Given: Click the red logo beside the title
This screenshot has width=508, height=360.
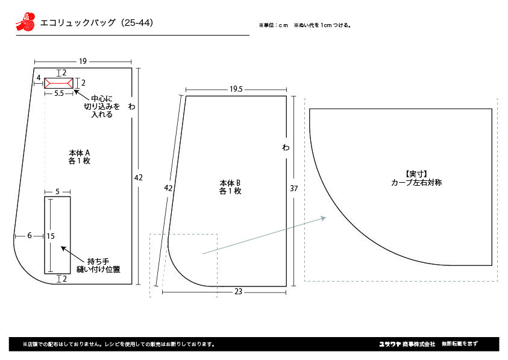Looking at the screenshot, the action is coord(25,22).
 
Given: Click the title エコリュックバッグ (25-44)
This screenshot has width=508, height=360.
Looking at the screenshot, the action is coord(96,23).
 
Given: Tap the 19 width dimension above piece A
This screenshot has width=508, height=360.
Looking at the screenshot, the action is coord(83,62).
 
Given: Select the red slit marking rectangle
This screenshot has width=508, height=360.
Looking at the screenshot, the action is coord(58,83).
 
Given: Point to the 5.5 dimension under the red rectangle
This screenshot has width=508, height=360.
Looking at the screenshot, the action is coord(59,93).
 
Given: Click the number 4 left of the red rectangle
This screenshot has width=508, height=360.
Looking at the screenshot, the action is coord(39,78).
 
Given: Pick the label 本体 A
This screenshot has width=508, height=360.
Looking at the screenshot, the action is coord(80,153).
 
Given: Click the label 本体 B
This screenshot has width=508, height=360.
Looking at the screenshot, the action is coord(230,183).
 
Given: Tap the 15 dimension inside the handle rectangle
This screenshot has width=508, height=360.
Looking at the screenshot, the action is coord(51,236).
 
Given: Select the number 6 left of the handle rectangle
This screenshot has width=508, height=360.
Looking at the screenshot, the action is coord(30,235).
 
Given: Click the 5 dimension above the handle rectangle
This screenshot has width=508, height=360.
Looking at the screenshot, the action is coord(57,192).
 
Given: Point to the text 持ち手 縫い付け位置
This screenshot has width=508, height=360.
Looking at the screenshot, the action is coord(98,265).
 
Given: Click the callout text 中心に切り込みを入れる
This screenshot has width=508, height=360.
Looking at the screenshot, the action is coord(102,106).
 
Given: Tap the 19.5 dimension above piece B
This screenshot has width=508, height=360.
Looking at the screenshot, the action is coord(236,89).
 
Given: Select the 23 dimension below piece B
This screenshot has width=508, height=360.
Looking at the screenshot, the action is coord(238,292).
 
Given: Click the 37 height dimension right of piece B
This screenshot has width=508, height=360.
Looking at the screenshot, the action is coord(294,188).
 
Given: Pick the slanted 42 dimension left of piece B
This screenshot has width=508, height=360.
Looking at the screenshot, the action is coord(168,188).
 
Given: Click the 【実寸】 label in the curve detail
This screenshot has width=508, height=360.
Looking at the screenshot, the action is coord(416,174).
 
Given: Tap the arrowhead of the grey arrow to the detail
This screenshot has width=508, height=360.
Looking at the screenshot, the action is coord(324,218).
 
